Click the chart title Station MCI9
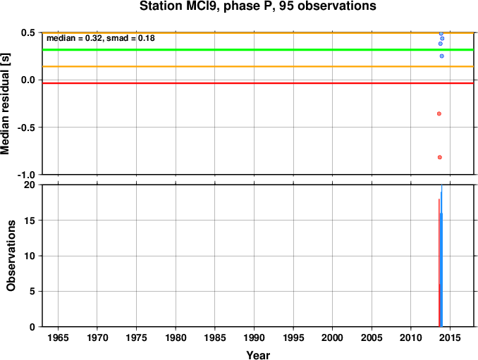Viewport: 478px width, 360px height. tap(257, 6)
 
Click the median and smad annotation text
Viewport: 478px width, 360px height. tap(101, 38)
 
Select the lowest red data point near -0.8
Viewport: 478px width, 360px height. tap(440, 157)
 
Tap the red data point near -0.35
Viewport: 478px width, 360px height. tap(439, 113)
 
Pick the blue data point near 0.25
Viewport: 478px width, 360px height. tap(442, 56)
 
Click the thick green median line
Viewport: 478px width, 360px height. tap(258, 49)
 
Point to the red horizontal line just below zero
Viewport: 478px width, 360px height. tap(258, 83)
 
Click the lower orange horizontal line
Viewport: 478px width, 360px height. tap(258, 66)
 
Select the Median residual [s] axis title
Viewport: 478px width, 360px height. tap(5, 104)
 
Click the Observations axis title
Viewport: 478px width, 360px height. tap(11, 256)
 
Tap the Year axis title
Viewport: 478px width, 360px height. tap(258, 355)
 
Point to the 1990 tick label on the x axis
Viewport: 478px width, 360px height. tap(254, 337)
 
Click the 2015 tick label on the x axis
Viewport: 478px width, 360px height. tap(451, 337)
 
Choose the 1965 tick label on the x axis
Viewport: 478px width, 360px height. tap(58, 337)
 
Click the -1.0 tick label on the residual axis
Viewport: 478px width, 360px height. tap(26, 175)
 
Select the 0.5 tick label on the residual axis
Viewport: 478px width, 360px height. tap(28, 32)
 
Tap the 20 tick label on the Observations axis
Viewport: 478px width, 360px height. tap(30, 185)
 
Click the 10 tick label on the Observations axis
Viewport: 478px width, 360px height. tap(30, 256)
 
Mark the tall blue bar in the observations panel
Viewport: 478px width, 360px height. tap(441, 256)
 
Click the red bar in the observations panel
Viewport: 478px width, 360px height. tap(439, 263)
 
